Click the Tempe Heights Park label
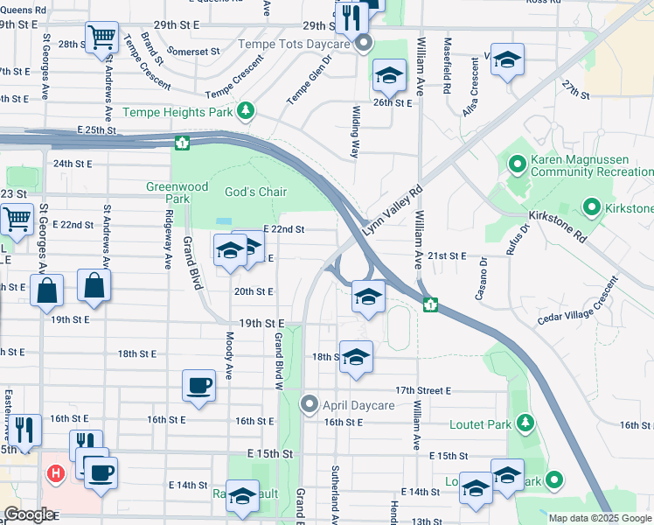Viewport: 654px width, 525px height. tap(178, 112)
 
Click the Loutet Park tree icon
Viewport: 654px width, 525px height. tap(525, 423)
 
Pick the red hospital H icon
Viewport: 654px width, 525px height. tap(56, 474)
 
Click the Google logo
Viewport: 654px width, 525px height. tap(29, 514)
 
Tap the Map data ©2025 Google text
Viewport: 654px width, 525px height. tap(600, 518)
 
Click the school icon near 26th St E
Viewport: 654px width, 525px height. tap(390, 77)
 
